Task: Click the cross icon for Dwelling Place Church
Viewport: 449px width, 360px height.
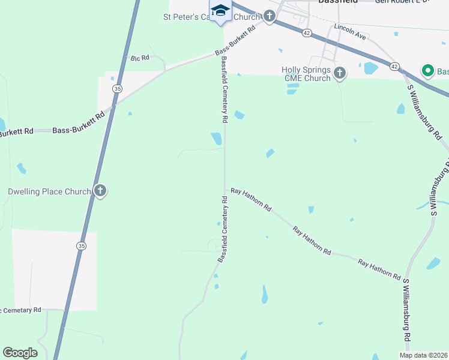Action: [x=100, y=192]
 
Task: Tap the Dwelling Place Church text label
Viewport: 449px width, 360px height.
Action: [x=49, y=192]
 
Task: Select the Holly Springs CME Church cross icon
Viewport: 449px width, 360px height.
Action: [x=340, y=73]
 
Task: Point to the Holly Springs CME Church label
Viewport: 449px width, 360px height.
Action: [x=306, y=74]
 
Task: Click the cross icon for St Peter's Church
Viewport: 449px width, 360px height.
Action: [x=270, y=17]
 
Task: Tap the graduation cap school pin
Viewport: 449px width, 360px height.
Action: [x=220, y=11]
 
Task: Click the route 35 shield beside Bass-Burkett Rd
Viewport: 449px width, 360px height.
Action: [x=117, y=88]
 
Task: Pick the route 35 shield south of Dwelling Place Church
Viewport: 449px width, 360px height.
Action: [x=81, y=245]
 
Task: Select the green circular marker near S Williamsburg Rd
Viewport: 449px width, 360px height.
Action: [x=428, y=71]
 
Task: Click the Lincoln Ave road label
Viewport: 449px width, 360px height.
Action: [x=350, y=32]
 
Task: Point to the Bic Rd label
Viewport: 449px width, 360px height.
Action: [x=139, y=58]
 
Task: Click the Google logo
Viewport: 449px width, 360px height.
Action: [x=20, y=353]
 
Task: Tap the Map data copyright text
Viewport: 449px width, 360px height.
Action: [x=424, y=355]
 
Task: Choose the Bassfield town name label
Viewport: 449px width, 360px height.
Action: [x=337, y=2]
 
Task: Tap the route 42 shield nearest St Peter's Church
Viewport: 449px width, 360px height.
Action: [x=307, y=34]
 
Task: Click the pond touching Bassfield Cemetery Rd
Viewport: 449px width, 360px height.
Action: [x=217, y=139]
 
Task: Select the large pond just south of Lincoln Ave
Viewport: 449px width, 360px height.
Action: [x=370, y=68]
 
